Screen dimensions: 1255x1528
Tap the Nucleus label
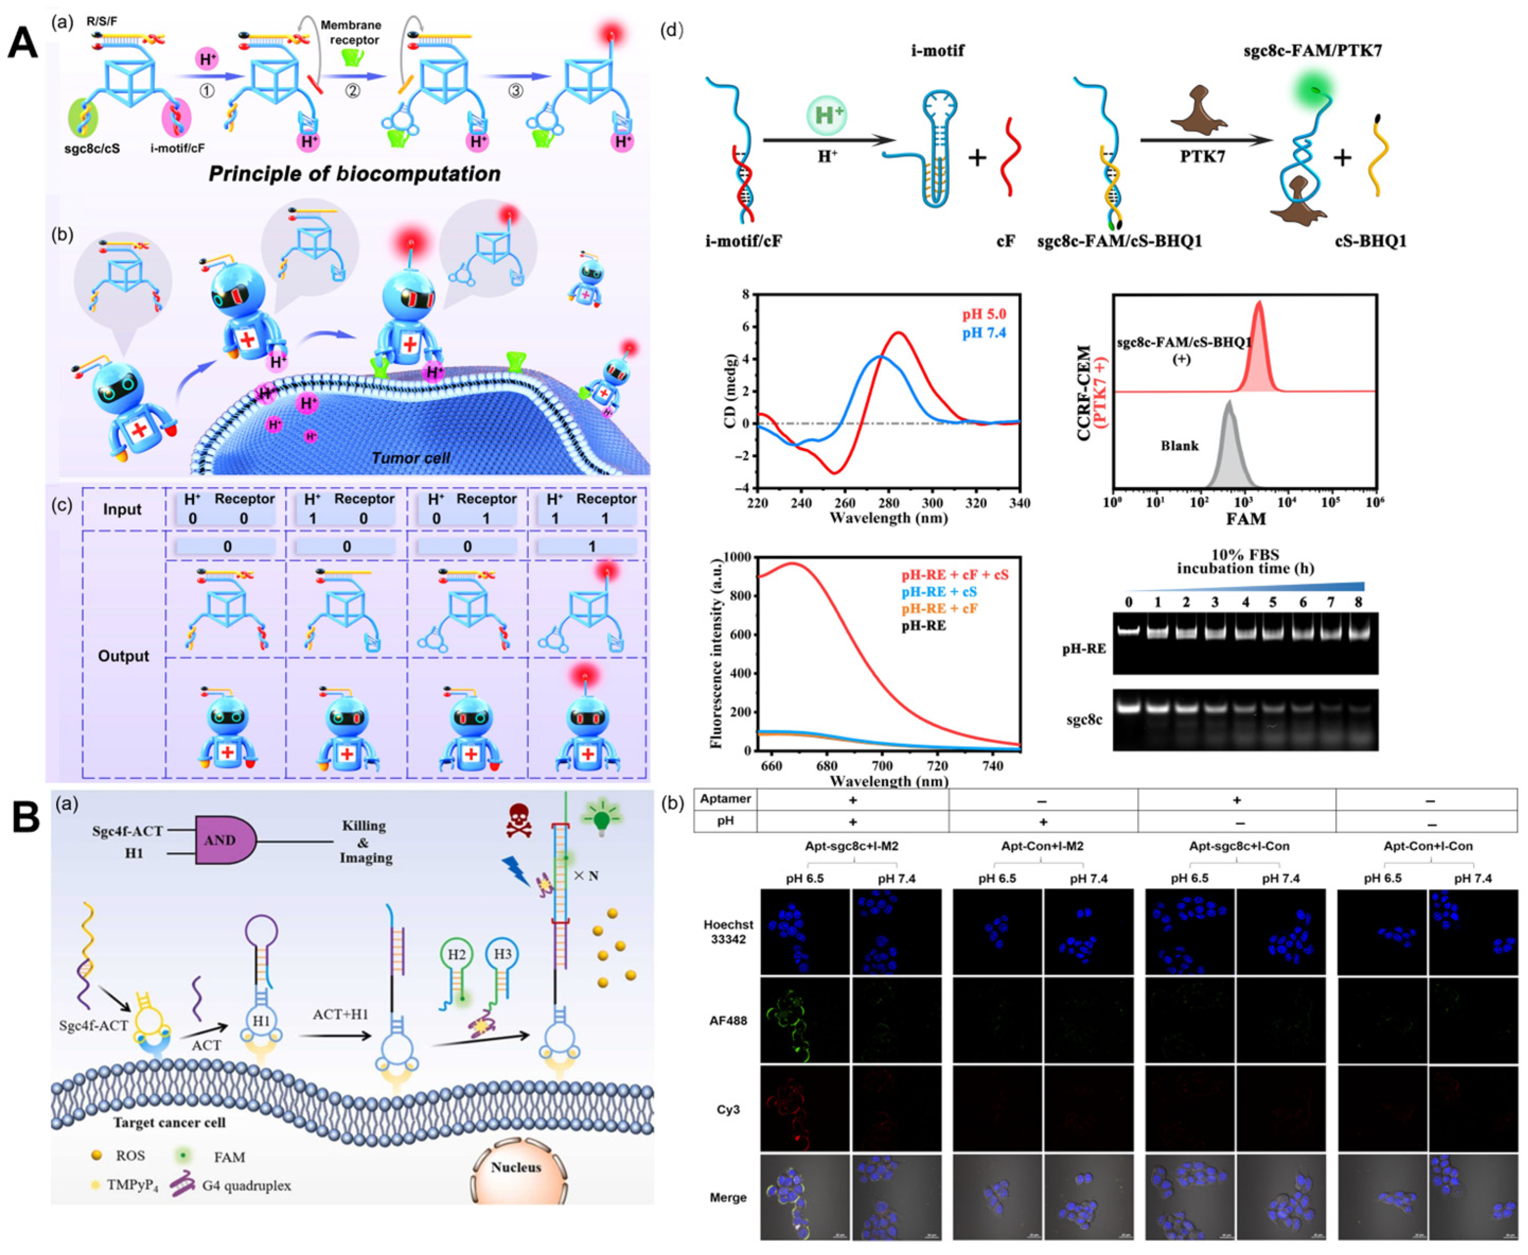[x=516, y=1167]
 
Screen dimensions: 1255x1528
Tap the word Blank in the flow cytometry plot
[x=1179, y=446]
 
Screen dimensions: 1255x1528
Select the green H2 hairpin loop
[x=456, y=955]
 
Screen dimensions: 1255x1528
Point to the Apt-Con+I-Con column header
[x=1427, y=845]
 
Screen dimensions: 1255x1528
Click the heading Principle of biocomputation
[x=354, y=174]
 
